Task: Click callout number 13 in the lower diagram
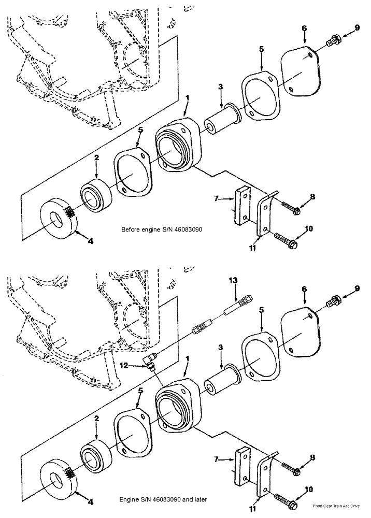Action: click(234, 280)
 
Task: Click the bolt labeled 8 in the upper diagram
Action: click(290, 209)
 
